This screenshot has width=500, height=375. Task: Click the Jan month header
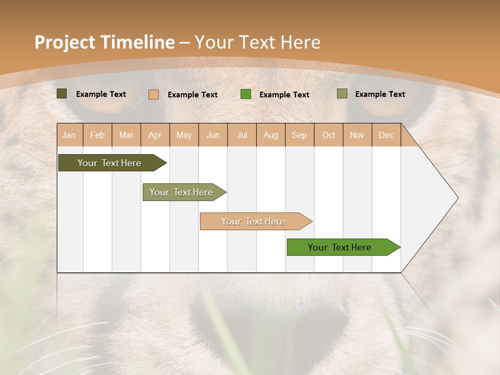[69, 135]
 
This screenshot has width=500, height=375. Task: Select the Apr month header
[155, 135]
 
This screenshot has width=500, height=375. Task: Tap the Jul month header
[242, 135]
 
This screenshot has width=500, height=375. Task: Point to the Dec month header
[386, 135]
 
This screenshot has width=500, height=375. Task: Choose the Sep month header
[299, 135]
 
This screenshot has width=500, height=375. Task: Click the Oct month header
[329, 135]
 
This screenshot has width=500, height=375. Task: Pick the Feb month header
[97, 135]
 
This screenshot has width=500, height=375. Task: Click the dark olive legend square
[61, 94]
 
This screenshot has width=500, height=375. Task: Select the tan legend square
[154, 94]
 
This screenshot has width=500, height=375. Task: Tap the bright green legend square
[246, 94]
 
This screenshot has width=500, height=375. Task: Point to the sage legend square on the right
[342, 94]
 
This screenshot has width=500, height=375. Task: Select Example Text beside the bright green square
[284, 95]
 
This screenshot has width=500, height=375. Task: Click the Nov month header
[357, 135]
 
